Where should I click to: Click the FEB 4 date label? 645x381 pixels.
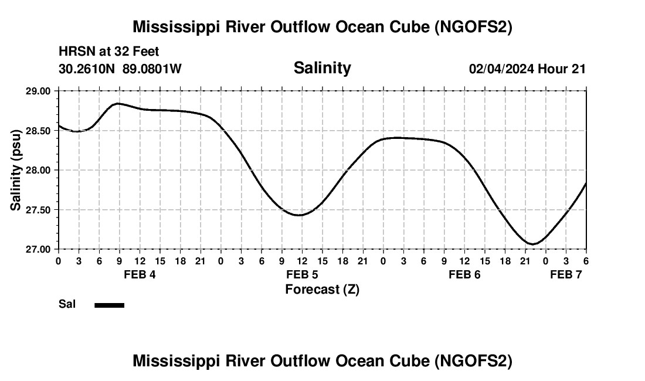pos(140,274)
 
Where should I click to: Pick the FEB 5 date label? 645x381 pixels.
pos(302,274)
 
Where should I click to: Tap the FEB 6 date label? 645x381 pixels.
pos(464,274)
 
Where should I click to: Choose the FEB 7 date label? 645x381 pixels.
pos(566,274)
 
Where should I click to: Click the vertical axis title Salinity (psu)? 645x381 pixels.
pos(16,170)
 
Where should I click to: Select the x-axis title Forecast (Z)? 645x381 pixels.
pos(322,289)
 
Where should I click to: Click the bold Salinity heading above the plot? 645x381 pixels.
pos(322,68)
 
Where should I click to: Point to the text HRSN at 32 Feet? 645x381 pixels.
pos(108,52)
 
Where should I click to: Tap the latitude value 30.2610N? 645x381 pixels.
pos(88,69)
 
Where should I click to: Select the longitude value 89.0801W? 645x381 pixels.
pos(152,69)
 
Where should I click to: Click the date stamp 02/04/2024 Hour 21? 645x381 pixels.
pos(527,69)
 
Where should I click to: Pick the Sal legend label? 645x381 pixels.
pos(67,304)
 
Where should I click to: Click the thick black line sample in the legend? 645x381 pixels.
pos(109,305)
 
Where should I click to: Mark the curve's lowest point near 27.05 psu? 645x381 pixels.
pos(532,244)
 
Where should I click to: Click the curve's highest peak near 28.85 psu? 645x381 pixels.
pos(118,103)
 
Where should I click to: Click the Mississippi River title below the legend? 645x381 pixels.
pos(322,361)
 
